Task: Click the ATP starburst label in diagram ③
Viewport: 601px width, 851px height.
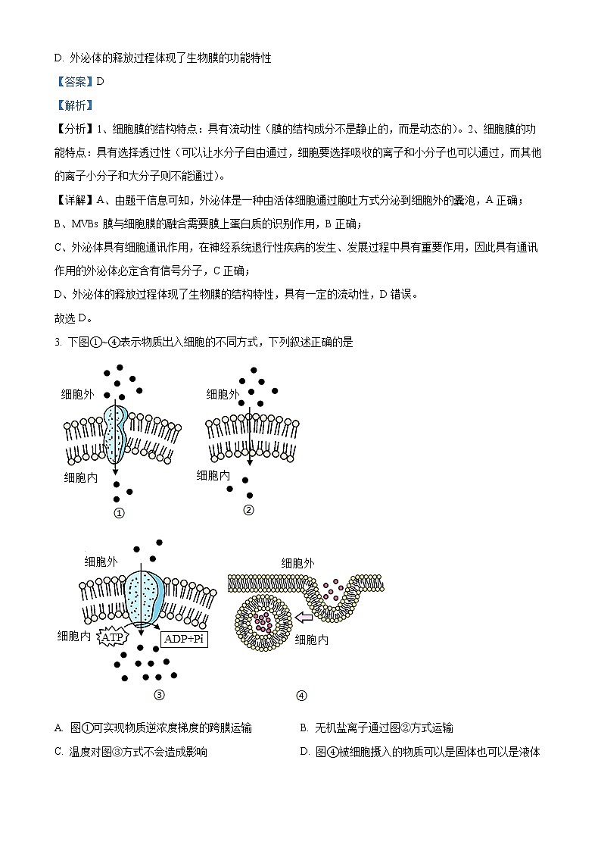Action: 113,637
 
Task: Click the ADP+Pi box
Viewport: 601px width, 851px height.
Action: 184,639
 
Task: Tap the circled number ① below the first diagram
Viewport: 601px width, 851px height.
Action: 118,512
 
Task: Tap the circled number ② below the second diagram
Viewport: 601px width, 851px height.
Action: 248,509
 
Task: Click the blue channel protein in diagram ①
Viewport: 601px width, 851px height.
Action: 116,433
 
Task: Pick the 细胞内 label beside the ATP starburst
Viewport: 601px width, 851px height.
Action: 74,636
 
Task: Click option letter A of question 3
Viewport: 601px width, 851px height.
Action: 58,727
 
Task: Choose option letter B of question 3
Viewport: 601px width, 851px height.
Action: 304,727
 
